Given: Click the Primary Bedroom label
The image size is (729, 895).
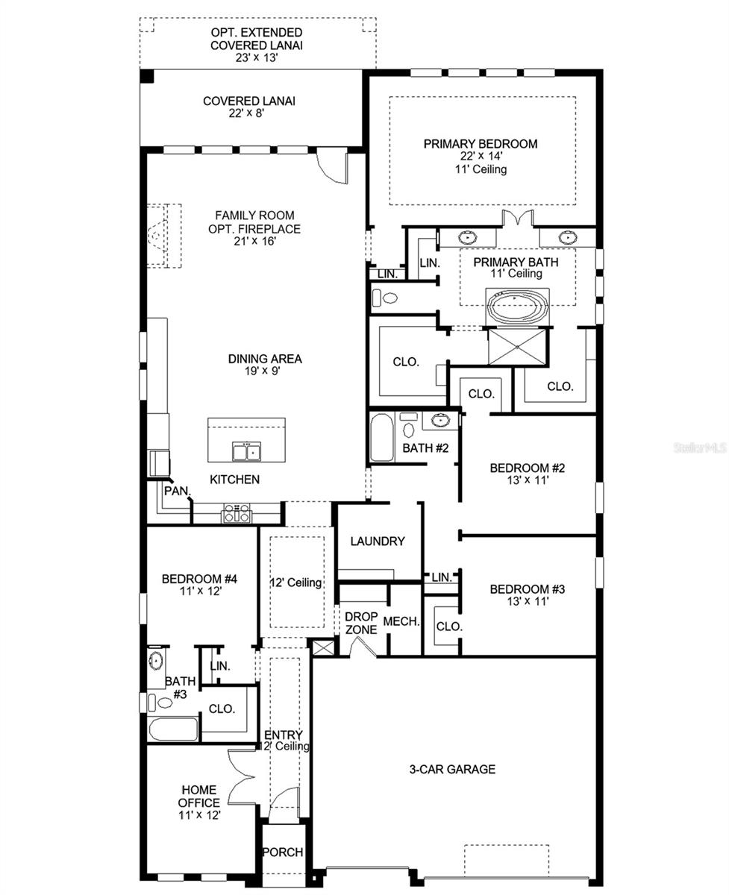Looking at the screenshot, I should point(480,144).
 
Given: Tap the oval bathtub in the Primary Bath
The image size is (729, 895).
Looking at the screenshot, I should point(517,307).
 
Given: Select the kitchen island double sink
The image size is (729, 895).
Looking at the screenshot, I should point(245,452).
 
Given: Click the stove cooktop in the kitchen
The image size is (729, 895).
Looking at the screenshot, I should point(237,513).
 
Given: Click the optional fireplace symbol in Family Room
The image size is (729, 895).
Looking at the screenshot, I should point(161,235).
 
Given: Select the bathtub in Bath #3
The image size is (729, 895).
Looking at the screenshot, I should point(172,729).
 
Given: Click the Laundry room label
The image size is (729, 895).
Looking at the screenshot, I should point(377,541).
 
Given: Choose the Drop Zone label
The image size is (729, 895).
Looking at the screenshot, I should point(360,623).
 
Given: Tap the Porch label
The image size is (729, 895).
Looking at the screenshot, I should point(283,852).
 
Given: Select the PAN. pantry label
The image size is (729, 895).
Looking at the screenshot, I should point(178,492).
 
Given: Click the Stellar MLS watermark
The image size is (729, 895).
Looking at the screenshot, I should point(700,448).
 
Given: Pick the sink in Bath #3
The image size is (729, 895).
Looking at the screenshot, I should point(157,661).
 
